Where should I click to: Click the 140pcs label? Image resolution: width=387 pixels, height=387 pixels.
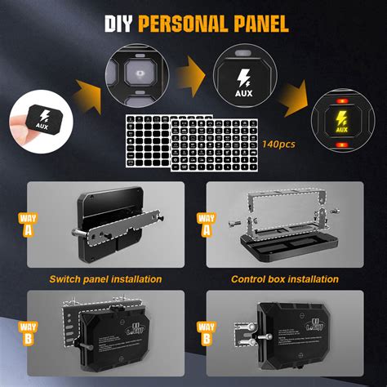[x=278, y=144]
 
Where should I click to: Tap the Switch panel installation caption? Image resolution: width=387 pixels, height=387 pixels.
[x=104, y=279]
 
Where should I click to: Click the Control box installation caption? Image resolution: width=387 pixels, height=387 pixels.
[x=283, y=279]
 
